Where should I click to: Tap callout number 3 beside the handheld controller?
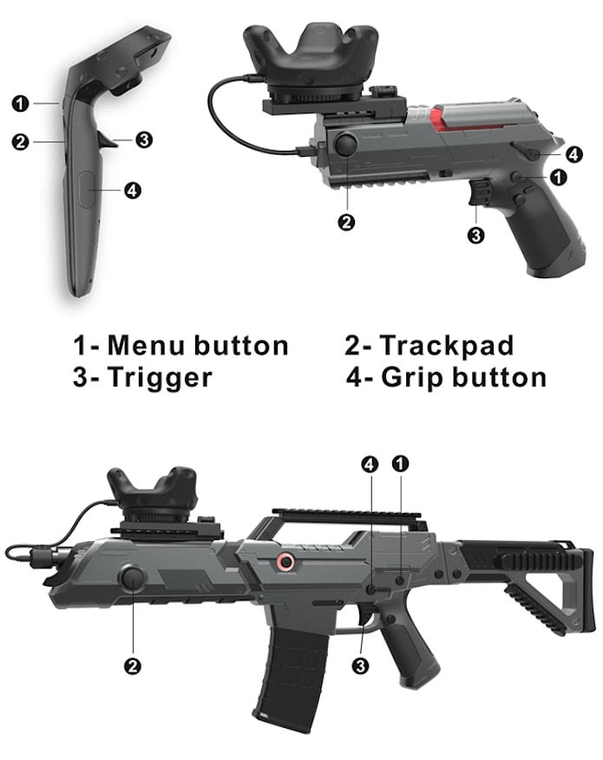pos(145,139)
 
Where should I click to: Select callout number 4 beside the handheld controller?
pos(133,191)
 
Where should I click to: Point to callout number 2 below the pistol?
pos(347,223)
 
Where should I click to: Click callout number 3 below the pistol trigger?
pos(475,234)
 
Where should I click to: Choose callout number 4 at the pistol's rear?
pos(574,154)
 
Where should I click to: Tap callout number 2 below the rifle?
pos(133,666)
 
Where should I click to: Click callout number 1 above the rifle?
pos(401,464)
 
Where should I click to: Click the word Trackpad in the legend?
pos(447,346)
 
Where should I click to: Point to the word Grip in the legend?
pos(415,377)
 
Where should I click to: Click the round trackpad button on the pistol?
pos(349,144)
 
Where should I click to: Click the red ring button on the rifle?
pos(284,563)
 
